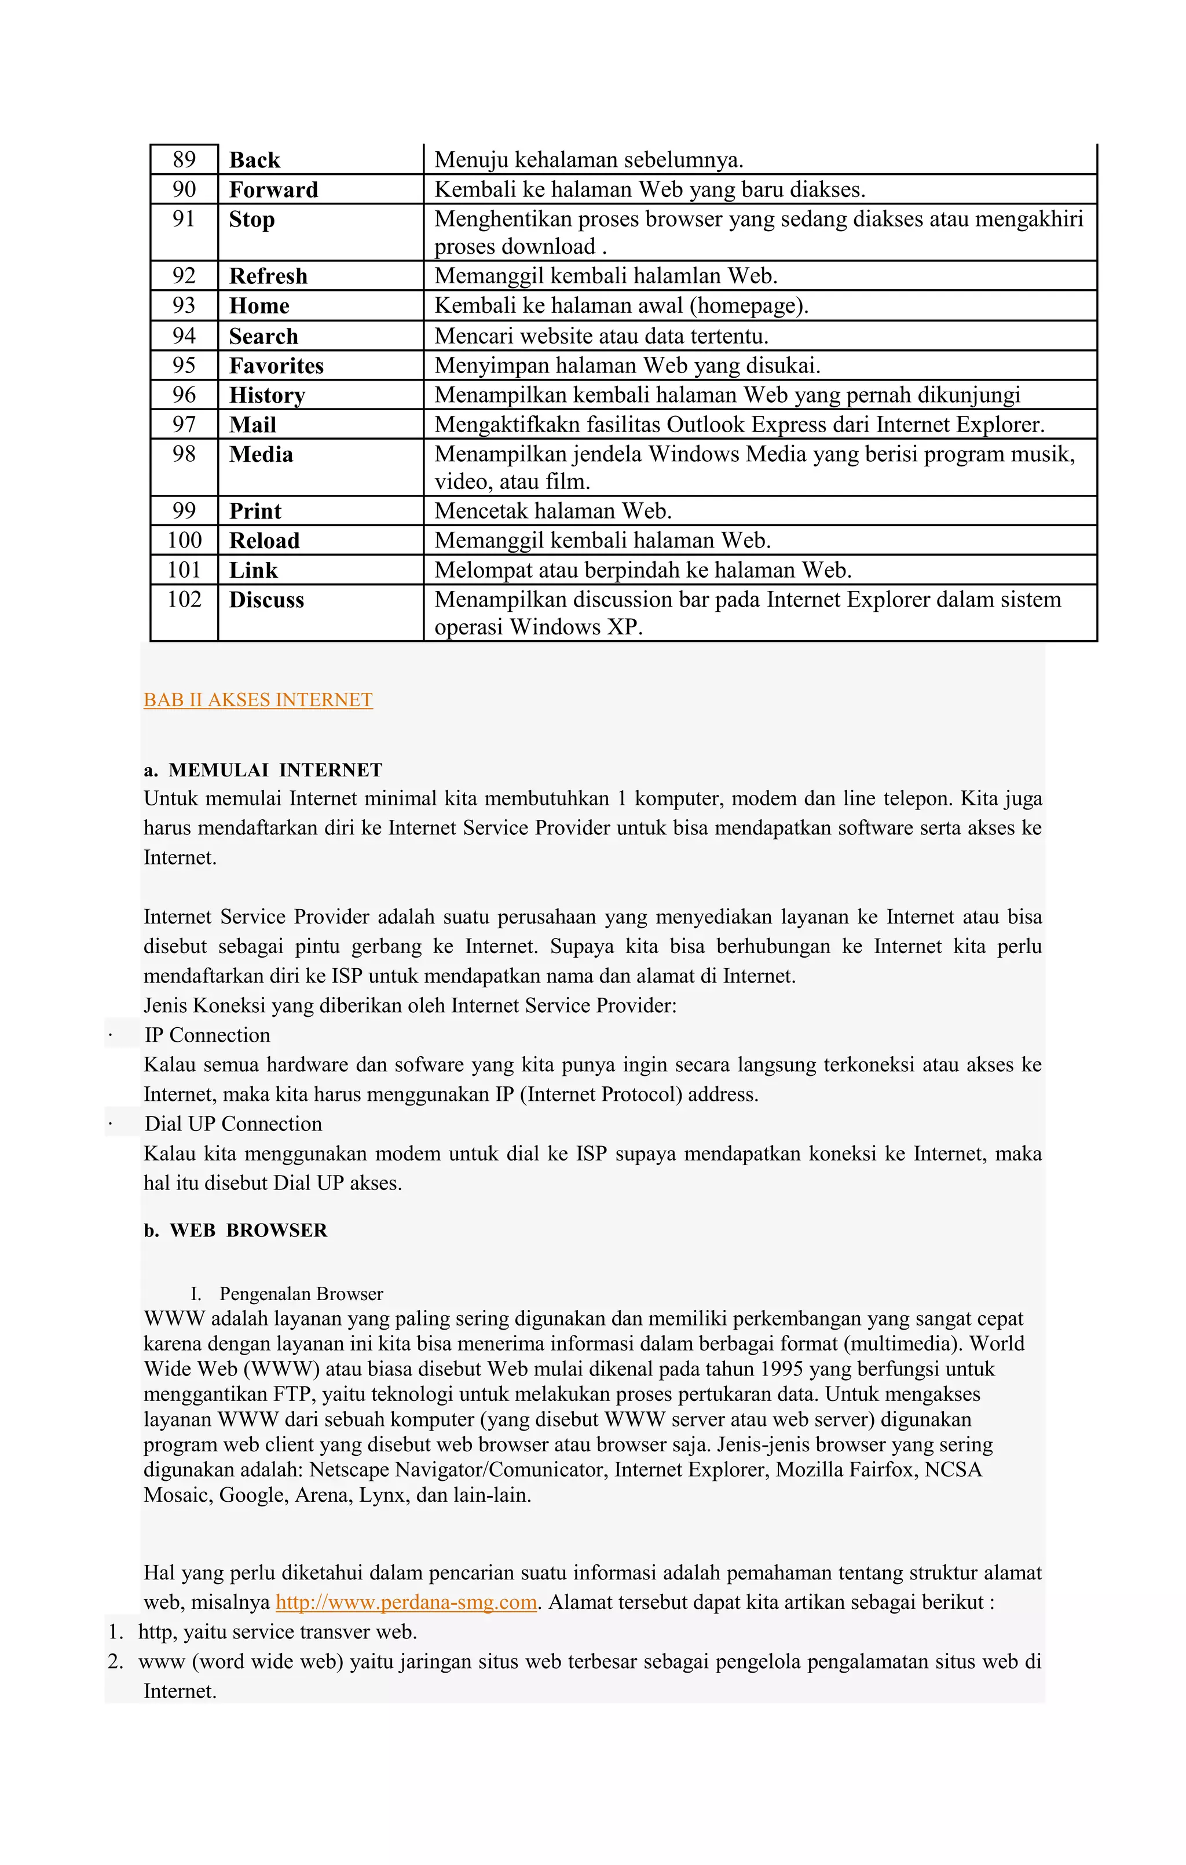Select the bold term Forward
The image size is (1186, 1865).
tap(273, 190)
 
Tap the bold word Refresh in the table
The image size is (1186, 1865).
tap(268, 276)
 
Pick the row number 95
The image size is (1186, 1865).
tap(184, 366)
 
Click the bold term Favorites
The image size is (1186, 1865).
tap(276, 366)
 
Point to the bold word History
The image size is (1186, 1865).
tap(267, 395)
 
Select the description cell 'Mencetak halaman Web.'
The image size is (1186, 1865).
tap(552, 511)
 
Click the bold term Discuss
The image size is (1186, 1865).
tap(266, 600)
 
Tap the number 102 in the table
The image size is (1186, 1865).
tap(184, 600)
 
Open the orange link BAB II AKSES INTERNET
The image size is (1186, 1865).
tap(258, 700)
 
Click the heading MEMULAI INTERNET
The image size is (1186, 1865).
tap(275, 771)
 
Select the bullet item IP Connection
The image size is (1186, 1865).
tap(207, 1035)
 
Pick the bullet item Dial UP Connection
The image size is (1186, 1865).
tap(233, 1125)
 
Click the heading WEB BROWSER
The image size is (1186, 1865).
tap(248, 1231)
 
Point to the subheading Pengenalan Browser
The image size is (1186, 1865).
tap(301, 1294)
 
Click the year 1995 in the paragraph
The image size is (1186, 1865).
tap(781, 1369)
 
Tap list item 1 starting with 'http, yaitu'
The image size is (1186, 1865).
tap(277, 1633)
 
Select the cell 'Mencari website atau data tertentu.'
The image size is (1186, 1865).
tap(601, 336)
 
